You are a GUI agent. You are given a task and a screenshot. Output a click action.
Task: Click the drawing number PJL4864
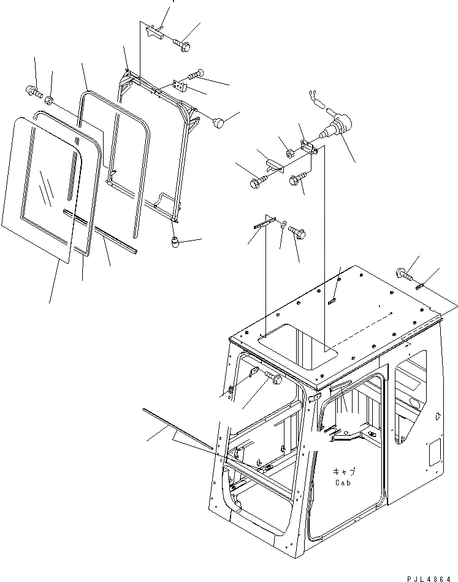click(x=426, y=575)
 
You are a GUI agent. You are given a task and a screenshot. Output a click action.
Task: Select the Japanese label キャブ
click(x=344, y=471)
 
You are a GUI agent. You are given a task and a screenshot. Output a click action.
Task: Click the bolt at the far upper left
click(x=33, y=92)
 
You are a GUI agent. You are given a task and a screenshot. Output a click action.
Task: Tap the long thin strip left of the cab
click(x=178, y=429)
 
